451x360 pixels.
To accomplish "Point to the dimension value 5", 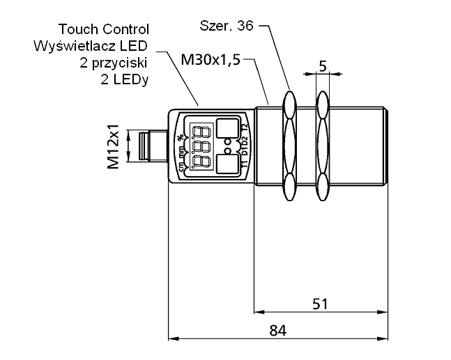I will (x=323, y=65).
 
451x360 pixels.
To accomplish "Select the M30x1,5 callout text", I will (x=210, y=61).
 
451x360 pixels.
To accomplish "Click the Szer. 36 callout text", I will (x=224, y=26).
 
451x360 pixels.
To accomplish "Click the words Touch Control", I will (x=104, y=29).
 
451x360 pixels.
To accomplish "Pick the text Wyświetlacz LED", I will (x=92, y=46).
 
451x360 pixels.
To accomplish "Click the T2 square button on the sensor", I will (x=227, y=128).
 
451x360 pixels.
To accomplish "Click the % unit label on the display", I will (x=181, y=136).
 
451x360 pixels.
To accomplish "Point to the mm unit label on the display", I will (x=181, y=148).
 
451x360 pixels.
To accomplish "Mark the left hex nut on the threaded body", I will (x=290, y=147).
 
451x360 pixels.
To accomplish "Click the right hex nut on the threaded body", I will (x=323, y=147).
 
